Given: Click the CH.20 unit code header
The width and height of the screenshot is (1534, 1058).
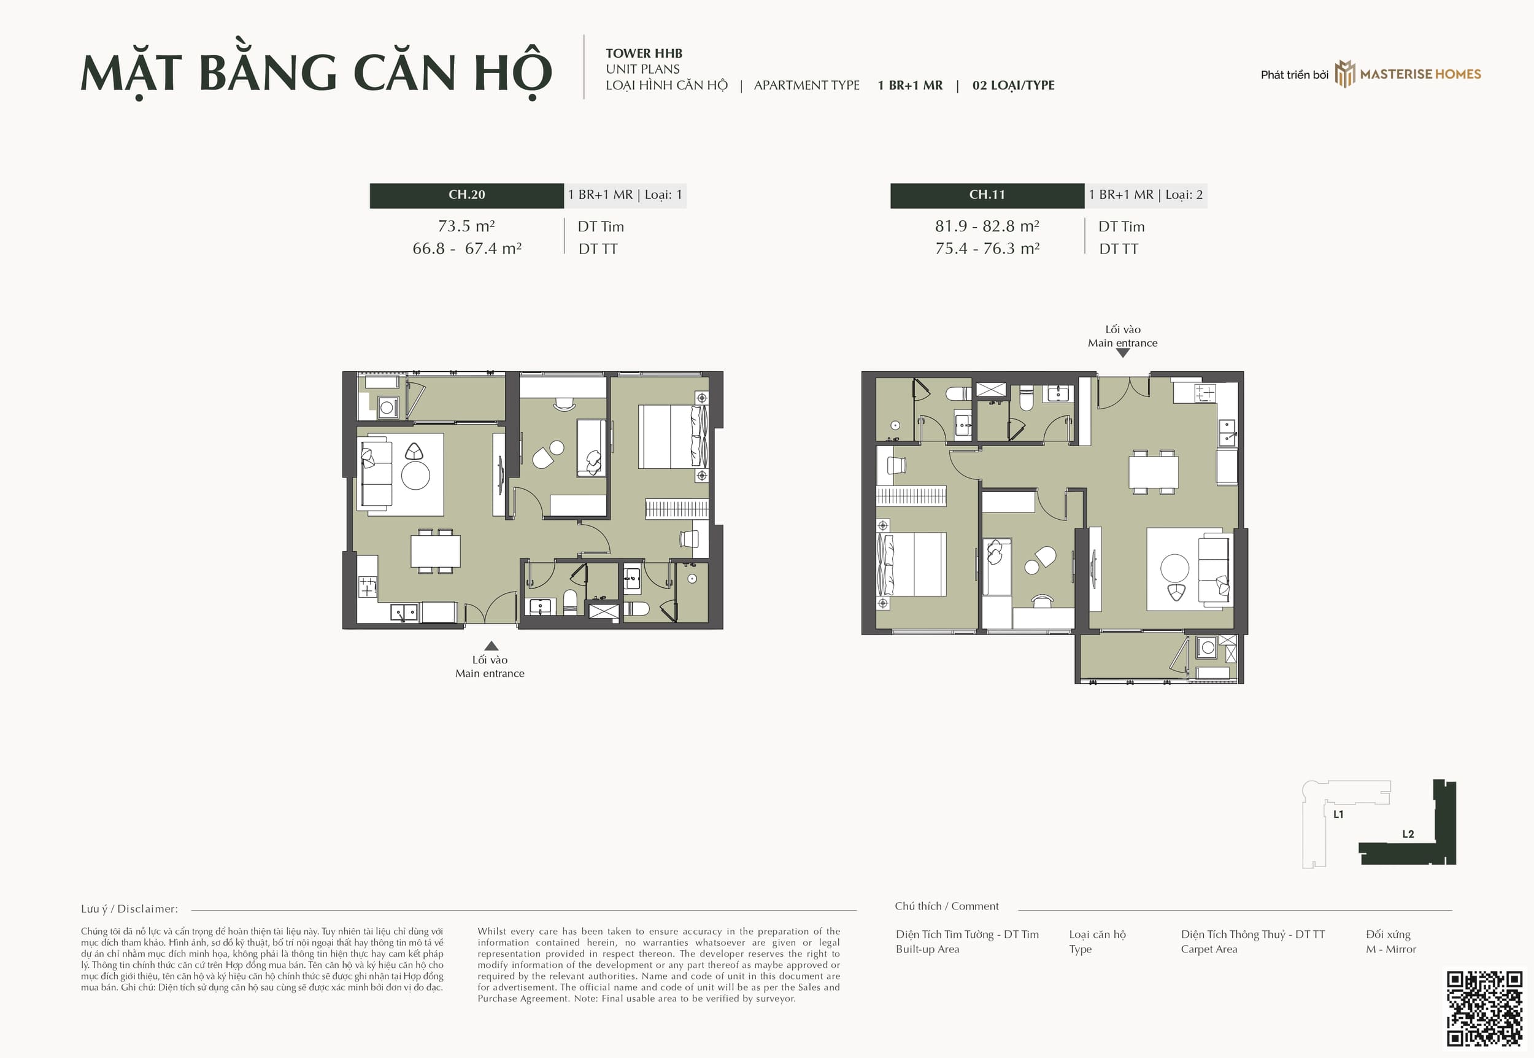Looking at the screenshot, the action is (x=466, y=195).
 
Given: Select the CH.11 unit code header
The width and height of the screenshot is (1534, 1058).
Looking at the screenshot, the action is (x=987, y=195).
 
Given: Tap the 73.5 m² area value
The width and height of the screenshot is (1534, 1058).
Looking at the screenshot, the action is (x=466, y=226).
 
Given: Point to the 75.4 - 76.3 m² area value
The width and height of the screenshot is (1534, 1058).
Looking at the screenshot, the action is (x=987, y=249).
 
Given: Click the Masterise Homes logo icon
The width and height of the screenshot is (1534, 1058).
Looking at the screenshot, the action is (x=1344, y=74).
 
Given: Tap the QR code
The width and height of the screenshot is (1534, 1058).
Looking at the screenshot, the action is (x=1484, y=1009).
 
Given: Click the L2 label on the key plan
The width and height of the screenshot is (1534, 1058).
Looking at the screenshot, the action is (x=1408, y=834).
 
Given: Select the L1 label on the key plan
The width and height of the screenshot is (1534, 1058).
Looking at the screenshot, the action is (x=1338, y=814).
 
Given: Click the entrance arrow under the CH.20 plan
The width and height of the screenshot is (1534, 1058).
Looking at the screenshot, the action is (x=491, y=646).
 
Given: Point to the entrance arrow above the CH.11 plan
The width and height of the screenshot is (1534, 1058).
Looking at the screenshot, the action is (x=1122, y=353).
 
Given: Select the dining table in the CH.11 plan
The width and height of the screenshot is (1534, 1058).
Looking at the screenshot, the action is (x=1154, y=472).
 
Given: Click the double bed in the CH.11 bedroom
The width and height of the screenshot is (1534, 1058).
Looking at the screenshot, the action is (x=911, y=564).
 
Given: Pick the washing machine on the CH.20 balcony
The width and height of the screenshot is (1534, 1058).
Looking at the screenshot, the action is (x=388, y=407).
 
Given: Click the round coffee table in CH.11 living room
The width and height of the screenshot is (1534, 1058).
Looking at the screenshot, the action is (x=1174, y=568).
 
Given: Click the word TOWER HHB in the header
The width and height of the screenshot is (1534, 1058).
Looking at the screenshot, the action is (x=644, y=53).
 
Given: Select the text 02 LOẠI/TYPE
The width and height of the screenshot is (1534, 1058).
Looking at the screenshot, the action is (x=1013, y=85).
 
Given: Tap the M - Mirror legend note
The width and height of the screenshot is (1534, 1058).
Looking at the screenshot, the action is (x=1391, y=949).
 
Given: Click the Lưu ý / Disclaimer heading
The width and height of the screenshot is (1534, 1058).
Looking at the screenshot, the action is (x=129, y=909).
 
